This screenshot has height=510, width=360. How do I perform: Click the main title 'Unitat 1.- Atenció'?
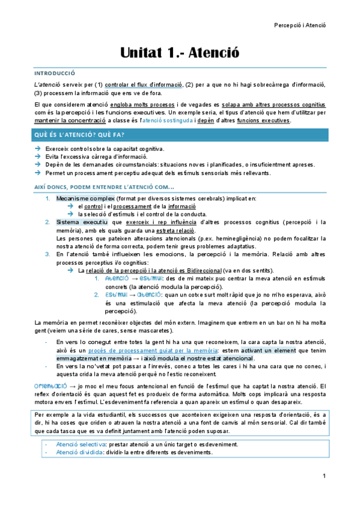point(180,53)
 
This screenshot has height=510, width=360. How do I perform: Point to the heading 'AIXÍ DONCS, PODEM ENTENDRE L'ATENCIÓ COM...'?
point(104,186)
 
